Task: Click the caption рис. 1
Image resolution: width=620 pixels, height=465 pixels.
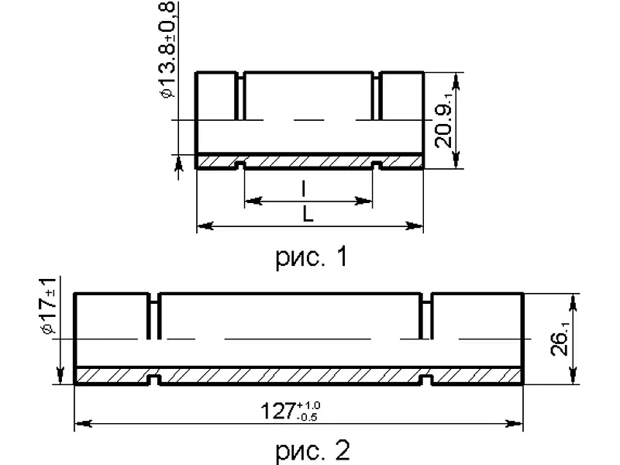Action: pyautogui.click(x=312, y=257)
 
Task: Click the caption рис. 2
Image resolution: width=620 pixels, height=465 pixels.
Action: pyautogui.click(x=312, y=450)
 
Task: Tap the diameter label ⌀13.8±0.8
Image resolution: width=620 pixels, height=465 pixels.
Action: pyautogui.click(x=167, y=50)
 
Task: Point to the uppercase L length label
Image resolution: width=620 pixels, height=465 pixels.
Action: pyautogui.click(x=308, y=215)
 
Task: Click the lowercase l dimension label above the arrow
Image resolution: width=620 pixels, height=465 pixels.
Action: pyautogui.click(x=304, y=188)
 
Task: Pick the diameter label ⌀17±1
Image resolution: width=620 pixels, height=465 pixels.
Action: pyautogui.click(x=48, y=305)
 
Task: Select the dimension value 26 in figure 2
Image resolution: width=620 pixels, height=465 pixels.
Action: pyautogui.click(x=560, y=339)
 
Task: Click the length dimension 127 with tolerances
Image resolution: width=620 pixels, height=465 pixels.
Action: pyautogui.click(x=291, y=412)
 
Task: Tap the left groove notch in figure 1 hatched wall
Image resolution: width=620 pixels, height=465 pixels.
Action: pyautogui.click(x=240, y=164)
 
